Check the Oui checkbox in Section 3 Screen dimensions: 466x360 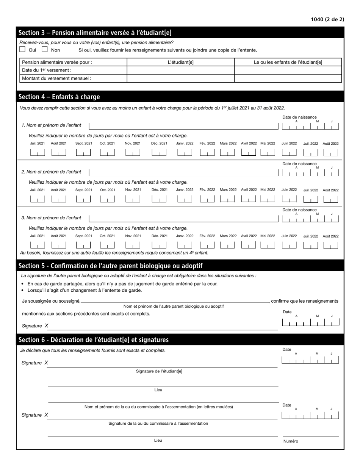tap(22, 49)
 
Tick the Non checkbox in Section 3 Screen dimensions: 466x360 tap(45, 49)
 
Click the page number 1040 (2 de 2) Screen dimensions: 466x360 tap(327, 19)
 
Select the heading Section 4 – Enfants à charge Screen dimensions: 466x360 tap(59, 97)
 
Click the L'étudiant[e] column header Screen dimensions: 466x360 tap(180, 62)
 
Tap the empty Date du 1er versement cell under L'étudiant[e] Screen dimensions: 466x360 tap(180, 70)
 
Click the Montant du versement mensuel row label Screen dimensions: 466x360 tap(56, 78)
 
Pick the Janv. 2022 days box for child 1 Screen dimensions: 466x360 tap(185, 153)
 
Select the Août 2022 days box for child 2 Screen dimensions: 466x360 tap(330, 199)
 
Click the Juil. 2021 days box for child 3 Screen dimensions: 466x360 tap(38, 245)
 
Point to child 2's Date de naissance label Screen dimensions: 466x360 tap(299, 164)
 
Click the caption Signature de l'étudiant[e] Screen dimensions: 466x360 tap(159, 371)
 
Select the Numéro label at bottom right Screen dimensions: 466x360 tap(291, 441)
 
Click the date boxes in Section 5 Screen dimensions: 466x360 tap(310, 322)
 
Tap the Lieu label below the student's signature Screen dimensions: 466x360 tap(158, 390)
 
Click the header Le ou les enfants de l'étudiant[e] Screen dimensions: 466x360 tap(288, 62)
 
